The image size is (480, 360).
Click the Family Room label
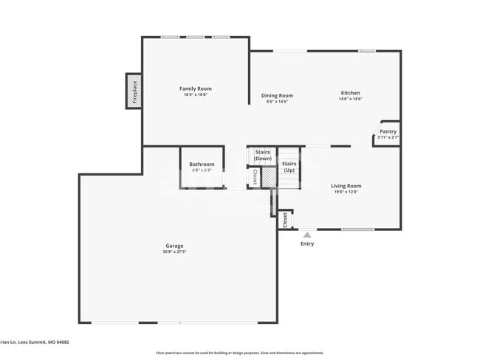(x=196, y=89)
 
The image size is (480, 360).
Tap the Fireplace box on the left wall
(x=134, y=91)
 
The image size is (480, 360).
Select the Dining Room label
(x=278, y=95)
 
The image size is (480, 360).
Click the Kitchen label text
(x=350, y=93)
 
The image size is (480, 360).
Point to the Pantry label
(x=388, y=131)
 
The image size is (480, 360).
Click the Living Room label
(x=346, y=186)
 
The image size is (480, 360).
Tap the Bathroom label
(x=202, y=164)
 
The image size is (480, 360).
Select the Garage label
(x=174, y=246)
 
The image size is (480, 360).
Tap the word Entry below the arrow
(x=307, y=244)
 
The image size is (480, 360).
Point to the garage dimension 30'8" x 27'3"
(x=174, y=252)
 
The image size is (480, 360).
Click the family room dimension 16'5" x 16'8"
(x=196, y=94)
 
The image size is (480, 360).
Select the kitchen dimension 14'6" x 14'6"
(x=350, y=100)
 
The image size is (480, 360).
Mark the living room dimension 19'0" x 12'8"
(x=346, y=192)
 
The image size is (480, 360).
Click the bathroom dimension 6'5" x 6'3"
(x=202, y=170)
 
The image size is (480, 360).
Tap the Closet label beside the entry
(x=285, y=219)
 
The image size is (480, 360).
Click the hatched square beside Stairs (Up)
(x=269, y=178)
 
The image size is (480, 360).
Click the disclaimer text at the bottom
(x=239, y=353)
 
